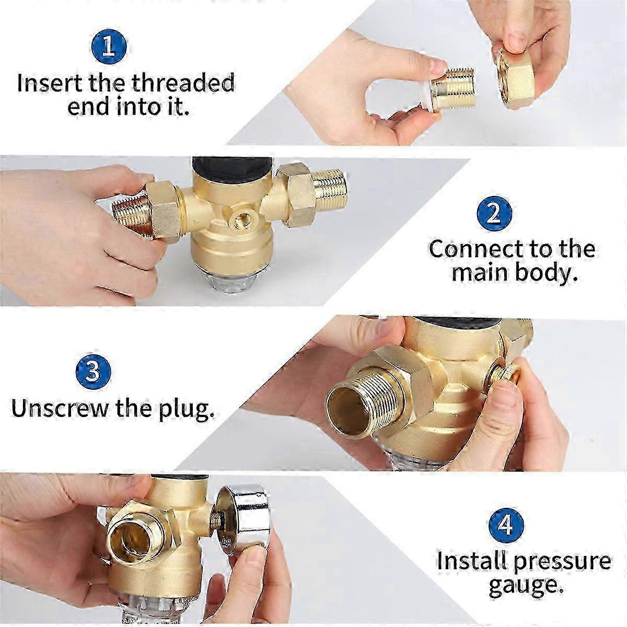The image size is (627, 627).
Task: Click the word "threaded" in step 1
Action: [x=183, y=83]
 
